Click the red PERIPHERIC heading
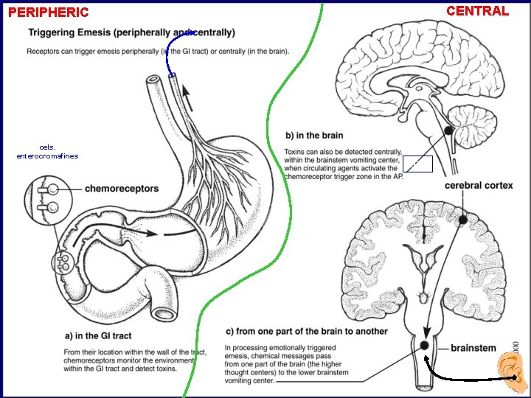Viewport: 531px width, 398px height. point(48,13)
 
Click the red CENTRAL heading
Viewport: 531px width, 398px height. point(478,11)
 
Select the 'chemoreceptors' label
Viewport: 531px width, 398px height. point(122,189)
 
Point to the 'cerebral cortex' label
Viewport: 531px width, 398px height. point(479,185)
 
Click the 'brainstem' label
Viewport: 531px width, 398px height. point(473,348)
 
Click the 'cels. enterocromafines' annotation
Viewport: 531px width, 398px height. point(46,152)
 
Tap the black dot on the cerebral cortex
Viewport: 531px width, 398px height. point(463,220)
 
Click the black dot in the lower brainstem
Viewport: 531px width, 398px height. point(425,345)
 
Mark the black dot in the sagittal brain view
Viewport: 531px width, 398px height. point(448,131)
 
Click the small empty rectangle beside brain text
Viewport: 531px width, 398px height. point(417,164)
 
